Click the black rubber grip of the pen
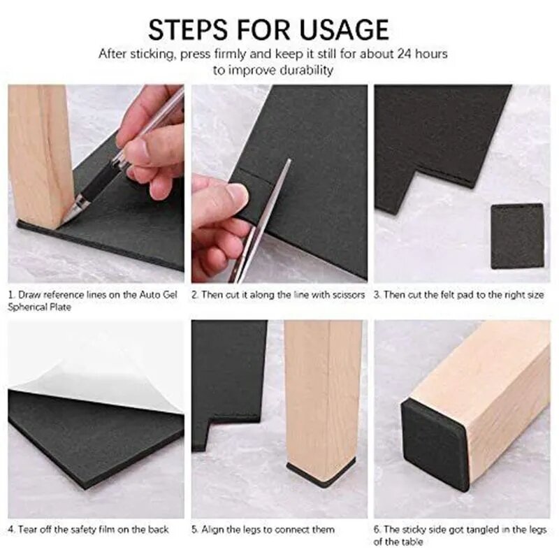pyautogui.click(x=98, y=182)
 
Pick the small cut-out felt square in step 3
pyautogui.click(x=517, y=236)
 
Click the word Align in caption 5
pyautogui.click(x=212, y=530)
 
